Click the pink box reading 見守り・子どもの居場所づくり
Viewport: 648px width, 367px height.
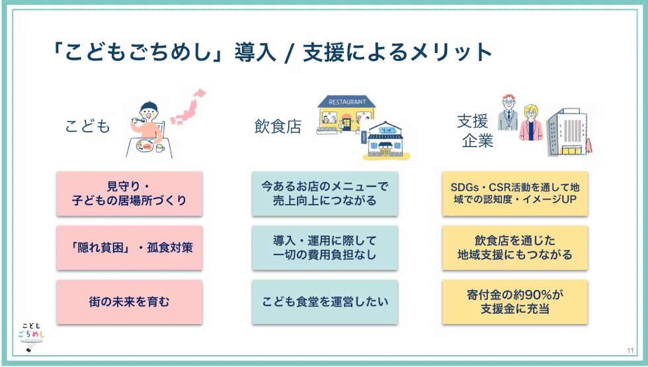click(129, 193)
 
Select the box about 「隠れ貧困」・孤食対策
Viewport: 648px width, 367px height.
click(129, 248)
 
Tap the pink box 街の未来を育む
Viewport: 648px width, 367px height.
click(129, 301)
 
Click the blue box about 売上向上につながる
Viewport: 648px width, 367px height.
click(325, 193)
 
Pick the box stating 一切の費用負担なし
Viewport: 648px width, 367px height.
click(325, 248)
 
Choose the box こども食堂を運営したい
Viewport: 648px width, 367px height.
click(325, 301)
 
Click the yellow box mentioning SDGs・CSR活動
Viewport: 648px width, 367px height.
click(514, 193)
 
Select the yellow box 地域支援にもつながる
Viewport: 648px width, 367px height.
click(514, 248)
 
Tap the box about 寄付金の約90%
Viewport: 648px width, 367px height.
click(514, 301)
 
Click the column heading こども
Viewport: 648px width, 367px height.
click(87, 126)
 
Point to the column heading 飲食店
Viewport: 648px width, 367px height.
click(277, 126)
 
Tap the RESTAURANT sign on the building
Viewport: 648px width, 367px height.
click(346, 102)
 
